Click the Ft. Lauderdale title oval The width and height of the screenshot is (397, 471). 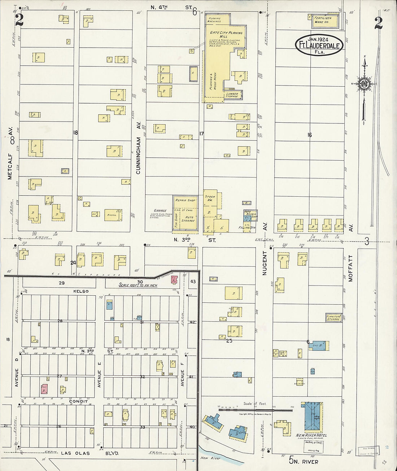pyautogui.click(x=319, y=45)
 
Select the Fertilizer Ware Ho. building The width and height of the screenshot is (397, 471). pyautogui.click(x=323, y=21)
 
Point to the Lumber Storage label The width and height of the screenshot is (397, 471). pyautogui.click(x=232, y=95)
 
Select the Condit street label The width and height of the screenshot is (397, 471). pyautogui.click(x=78, y=401)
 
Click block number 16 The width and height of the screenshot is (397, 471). pyautogui.click(x=309, y=135)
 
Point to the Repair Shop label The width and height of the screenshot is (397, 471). pyautogui.click(x=185, y=200)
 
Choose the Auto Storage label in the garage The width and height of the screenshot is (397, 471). pyautogui.click(x=188, y=219)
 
